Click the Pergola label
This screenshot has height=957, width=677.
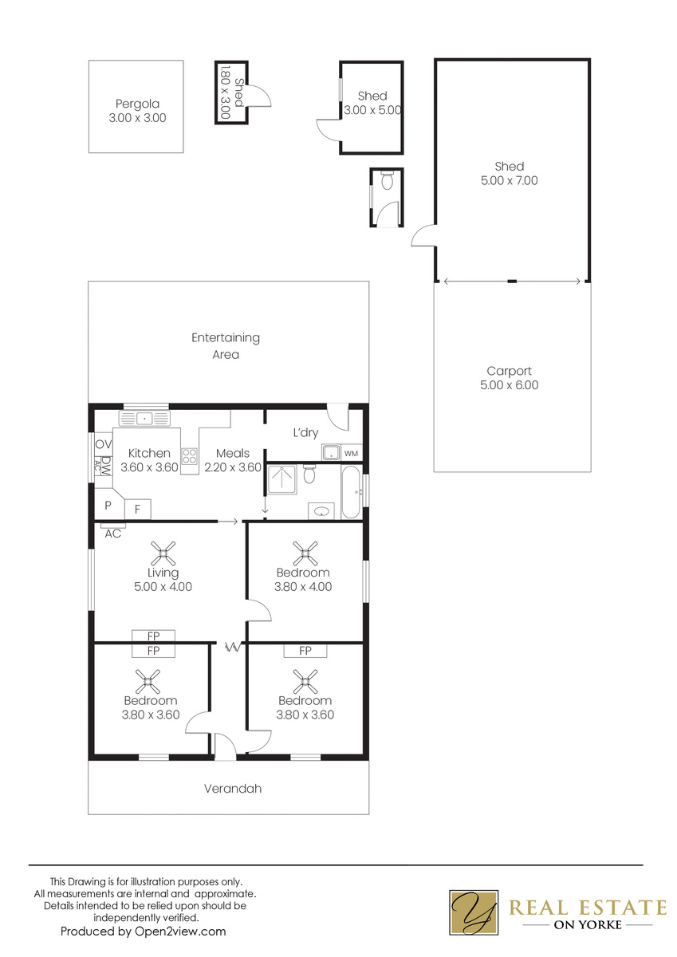(x=137, y=104)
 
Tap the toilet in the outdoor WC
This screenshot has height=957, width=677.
(x=387, y=180)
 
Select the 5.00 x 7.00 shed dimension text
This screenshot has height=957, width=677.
(x=509, y=180)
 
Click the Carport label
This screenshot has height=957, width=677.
(x=509, y=371)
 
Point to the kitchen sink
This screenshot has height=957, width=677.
(x=144, y=418)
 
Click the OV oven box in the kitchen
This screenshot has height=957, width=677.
(x=104, y=444)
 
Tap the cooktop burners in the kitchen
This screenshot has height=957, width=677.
(x=190, y=455)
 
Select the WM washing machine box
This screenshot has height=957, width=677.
(x=351, y=453)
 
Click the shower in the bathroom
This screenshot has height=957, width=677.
(x=282, y=479)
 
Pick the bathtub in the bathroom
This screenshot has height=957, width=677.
(x=352, y=492)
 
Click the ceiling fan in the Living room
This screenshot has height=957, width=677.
(x=163, y=553)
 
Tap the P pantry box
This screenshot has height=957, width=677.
(x=108, y=505)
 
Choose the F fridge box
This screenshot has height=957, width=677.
(x=137, y=510)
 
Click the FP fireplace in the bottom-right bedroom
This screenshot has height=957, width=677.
(x=305, y=651)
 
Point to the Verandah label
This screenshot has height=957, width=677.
(x=233, y=789)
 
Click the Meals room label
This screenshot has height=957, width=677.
(x=233, y=453)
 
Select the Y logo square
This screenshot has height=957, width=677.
(x=474, y=912)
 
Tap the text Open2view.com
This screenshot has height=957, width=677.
(x=180, y=931)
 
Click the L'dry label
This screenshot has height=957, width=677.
(x=306, y=433)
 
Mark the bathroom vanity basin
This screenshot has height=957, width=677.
(x=321, y=511)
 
